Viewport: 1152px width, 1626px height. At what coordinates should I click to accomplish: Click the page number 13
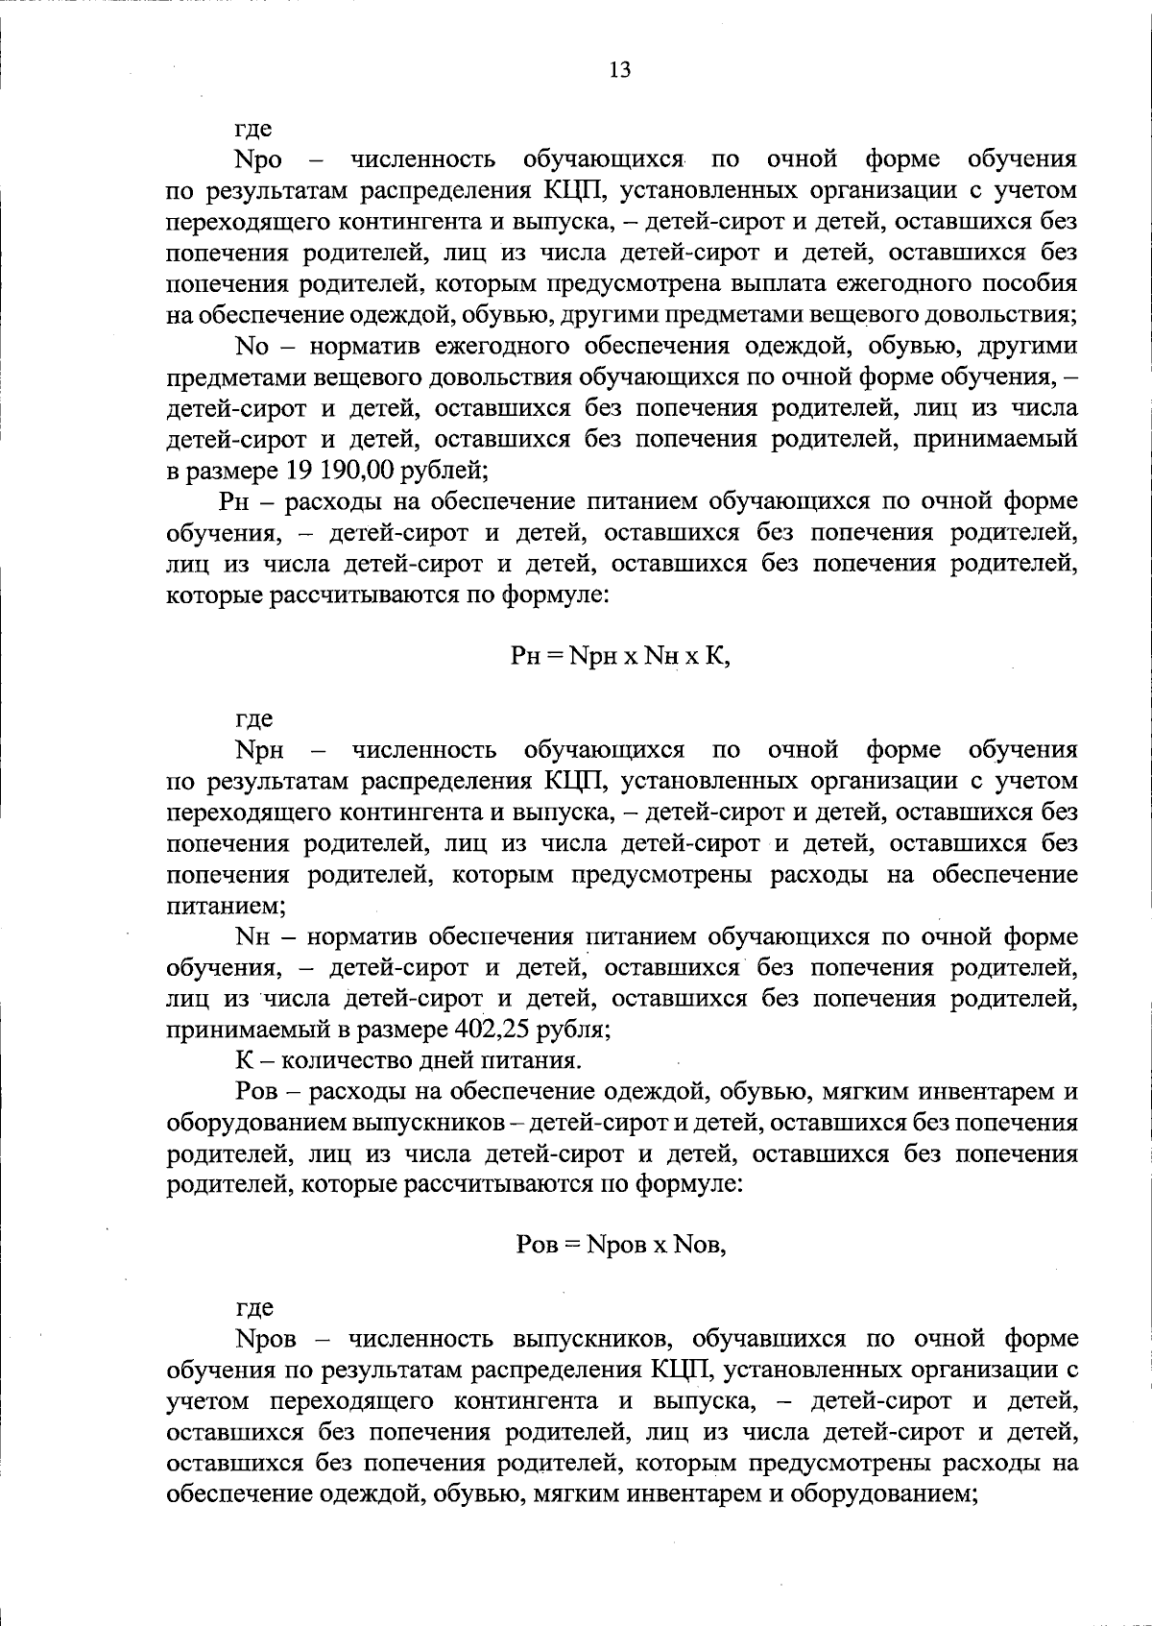[x=619, y=70]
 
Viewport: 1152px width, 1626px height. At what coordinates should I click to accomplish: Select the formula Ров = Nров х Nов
[x=620, y=1245]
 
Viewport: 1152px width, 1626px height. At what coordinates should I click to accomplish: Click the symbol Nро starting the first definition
[x=259, y=159]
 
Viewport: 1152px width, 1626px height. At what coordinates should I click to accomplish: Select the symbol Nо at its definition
[x=252, y=347]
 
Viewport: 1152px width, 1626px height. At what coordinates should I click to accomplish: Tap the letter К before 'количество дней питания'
[x=243, y=1061]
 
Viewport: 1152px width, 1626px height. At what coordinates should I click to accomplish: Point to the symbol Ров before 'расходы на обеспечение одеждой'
[x=256, y=1093]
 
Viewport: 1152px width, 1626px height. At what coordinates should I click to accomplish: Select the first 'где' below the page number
[x=253, y=129]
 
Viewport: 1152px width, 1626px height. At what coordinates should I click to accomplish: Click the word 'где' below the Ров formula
[x=253, y=1308]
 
